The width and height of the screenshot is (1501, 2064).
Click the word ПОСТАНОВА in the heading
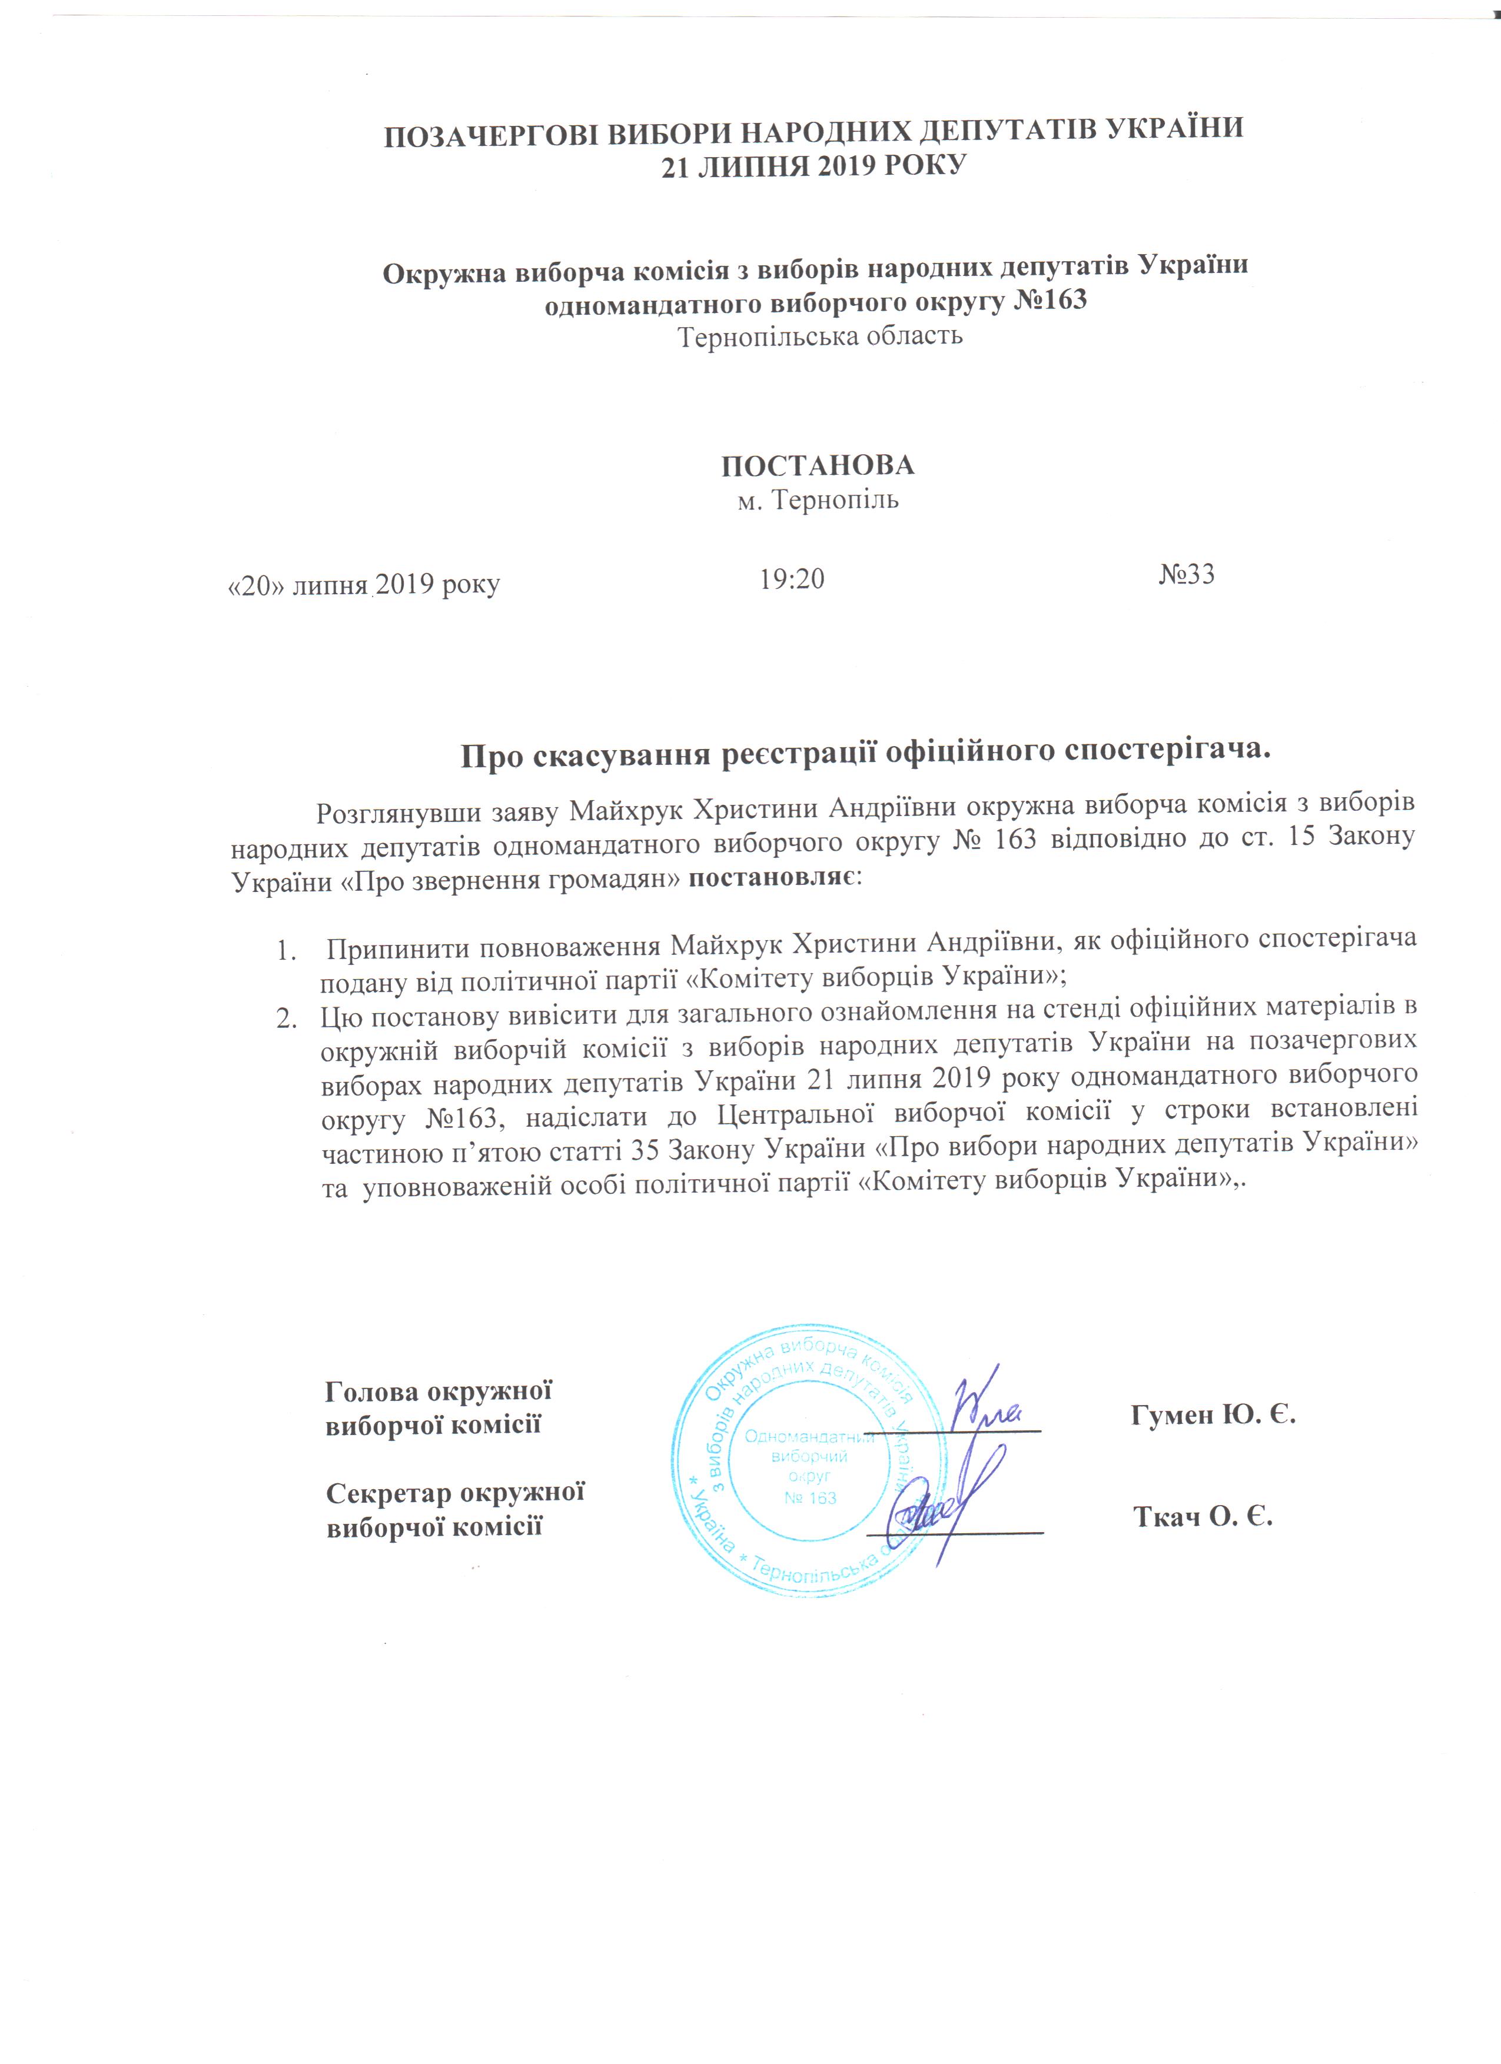(x=818, y=466)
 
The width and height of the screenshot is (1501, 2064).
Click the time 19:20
(x=792, y=578)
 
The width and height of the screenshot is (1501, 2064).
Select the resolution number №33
(x=1187, y=574)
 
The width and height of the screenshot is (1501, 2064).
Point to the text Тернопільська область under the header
(x=820, y=337)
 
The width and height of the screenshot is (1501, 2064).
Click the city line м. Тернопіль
(x=818, y=501)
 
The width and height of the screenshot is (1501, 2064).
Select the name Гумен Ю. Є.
(x=1213, y=1414)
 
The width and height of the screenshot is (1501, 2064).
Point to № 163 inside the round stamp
(x=810, y=1497)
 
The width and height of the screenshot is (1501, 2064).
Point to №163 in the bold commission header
(x=1051, y=299)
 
